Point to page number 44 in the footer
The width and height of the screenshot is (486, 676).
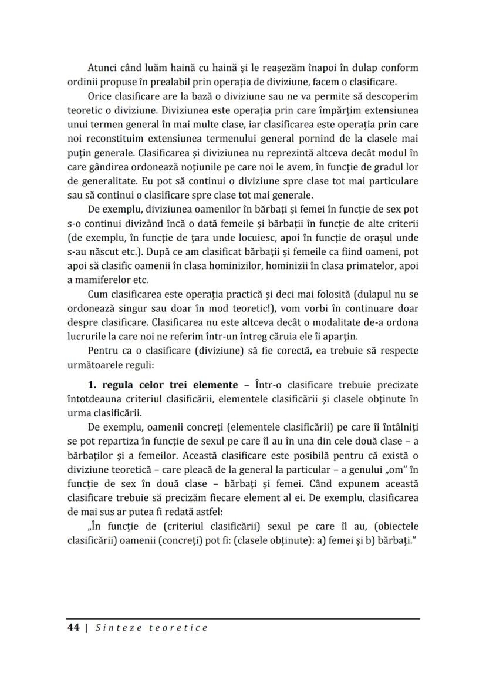click(73, 628)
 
